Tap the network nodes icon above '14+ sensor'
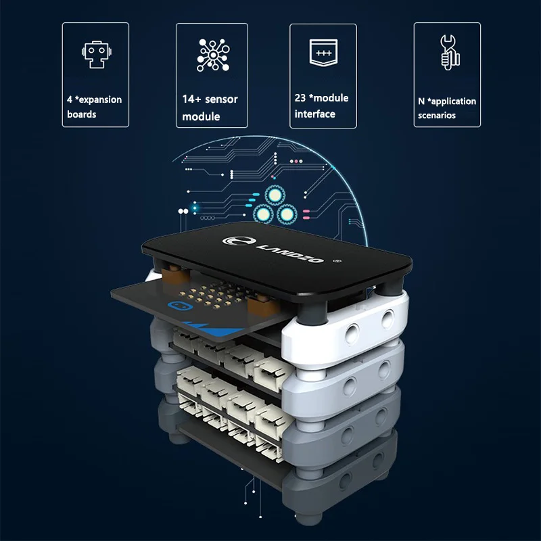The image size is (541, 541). tap(211, 54)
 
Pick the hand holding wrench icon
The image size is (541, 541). tap(449, 52)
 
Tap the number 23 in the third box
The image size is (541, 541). tap(300, 97)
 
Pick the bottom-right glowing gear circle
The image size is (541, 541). tap(287, 215)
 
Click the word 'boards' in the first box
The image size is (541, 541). tap(82, 114)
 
